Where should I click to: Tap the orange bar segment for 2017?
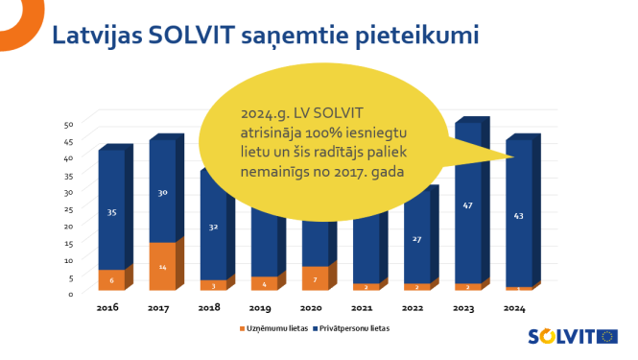click(x=162, y=266)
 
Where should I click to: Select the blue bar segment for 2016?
click(x=111, y=211)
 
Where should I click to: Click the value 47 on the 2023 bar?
click(x=468, y=205)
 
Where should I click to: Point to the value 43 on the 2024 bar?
click(x=519, y=216)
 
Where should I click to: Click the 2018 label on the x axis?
click(x=209, y=307)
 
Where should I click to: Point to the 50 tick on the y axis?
click(x=68, y=124)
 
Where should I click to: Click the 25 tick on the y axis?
click(x=68, y=208)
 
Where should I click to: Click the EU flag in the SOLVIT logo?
click(x=607, y=336)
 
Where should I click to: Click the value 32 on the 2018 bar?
click(x=213, y=228)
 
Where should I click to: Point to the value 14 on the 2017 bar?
click(x=162, y=266)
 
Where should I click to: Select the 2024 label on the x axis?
click(x=516, y=307)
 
